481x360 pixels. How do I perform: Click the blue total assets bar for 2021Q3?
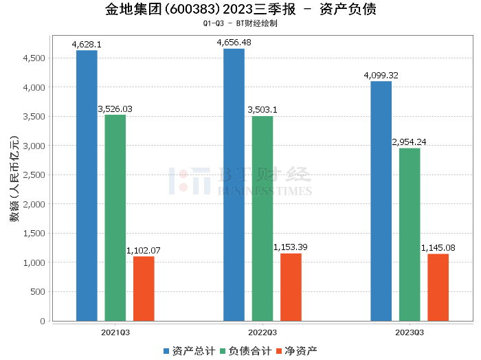pos(87,185)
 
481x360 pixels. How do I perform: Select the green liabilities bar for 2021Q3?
pos(115,218)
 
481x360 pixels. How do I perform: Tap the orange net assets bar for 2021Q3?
pos(144,289)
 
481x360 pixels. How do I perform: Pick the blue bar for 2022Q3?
pos(234,185)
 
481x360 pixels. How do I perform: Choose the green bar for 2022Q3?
pos(262,218)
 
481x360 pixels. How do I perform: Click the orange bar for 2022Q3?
pos(291,287)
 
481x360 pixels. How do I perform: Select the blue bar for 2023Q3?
pos(381,201)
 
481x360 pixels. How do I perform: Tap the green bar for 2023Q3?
pos(410,234)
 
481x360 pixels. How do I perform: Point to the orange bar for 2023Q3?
pos(438,287)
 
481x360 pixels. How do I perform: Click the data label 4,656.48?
pos(234,43)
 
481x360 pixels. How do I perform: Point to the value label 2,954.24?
pos(410,142)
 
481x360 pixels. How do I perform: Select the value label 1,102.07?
pos(144,251)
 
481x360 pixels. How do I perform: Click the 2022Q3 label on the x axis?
pos(262,331)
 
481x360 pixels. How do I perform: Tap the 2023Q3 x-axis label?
pos(410,331)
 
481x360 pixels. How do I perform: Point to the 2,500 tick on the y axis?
pos(34,175)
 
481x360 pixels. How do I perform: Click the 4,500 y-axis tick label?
pos(34,58)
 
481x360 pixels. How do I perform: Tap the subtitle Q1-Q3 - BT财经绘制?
pos(240,23)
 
